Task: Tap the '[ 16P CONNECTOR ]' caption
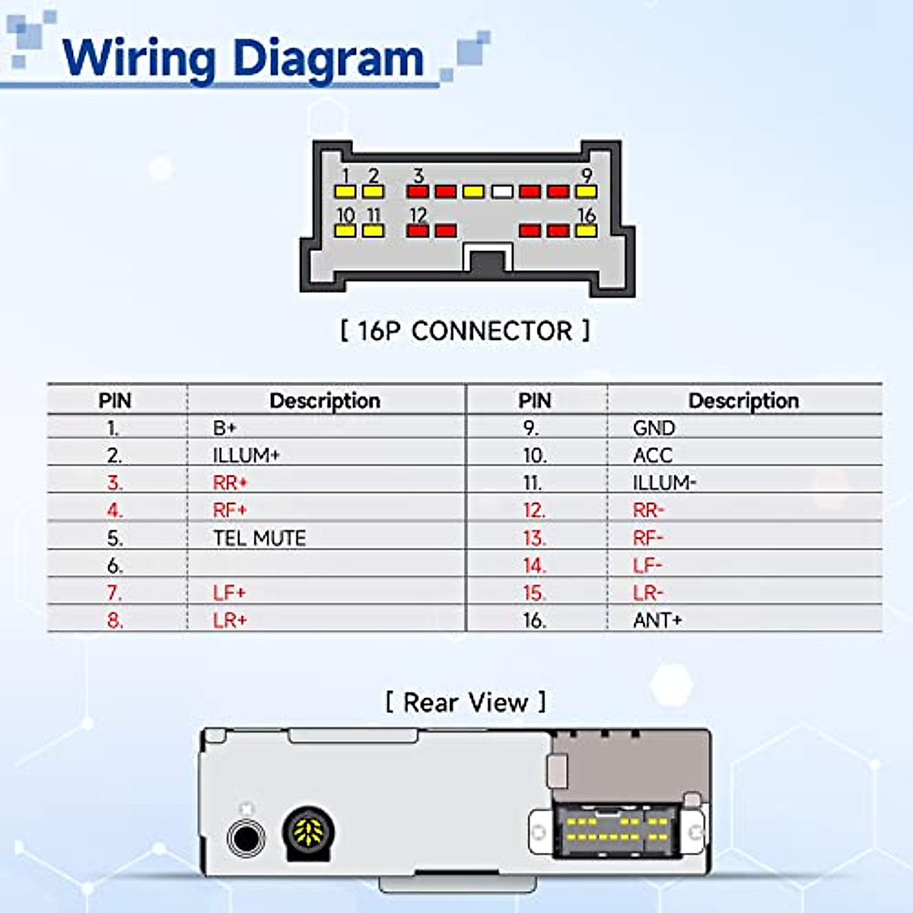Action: pos(464,331)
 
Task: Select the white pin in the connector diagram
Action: pos(501,192)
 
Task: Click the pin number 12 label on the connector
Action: pos(418,215)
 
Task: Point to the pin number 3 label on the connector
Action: pos(418,176)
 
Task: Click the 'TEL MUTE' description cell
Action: pos(259,538)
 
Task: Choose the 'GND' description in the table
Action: pos(654,428)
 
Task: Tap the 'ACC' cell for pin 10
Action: pos(652,456)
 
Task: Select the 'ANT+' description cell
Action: pos(657,620)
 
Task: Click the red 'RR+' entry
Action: pos(230,483)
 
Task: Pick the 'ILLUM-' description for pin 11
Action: pos(664,483)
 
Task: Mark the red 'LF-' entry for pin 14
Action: pos(647,565)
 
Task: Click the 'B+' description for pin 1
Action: pos(224,428)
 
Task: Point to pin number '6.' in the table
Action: pos(115,565)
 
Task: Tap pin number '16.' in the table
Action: pos(534,620)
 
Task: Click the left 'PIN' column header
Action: pos(115,400)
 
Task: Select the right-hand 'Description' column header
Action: pos(743,400)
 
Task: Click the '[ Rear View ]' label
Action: pos(466,702)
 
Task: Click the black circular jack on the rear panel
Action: pos(246,838)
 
